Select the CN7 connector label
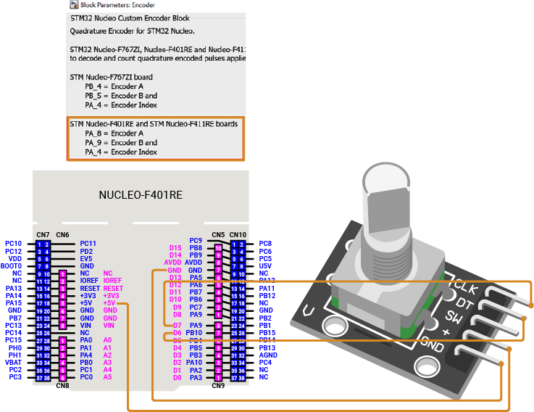tap(43, 235)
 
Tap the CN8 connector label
tap(63, 385)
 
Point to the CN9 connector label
tap(218, 385)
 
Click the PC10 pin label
tap(14, 244)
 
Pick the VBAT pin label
tap(14, 362)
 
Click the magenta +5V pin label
tap(110, 302)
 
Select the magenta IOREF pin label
tap(112, 280)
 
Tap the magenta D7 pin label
tap(177, 325)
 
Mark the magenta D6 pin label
tap(177, 333)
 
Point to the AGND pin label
tap(268, 355)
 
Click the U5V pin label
tap(266, 266)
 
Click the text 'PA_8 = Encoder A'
tap(114, 133)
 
